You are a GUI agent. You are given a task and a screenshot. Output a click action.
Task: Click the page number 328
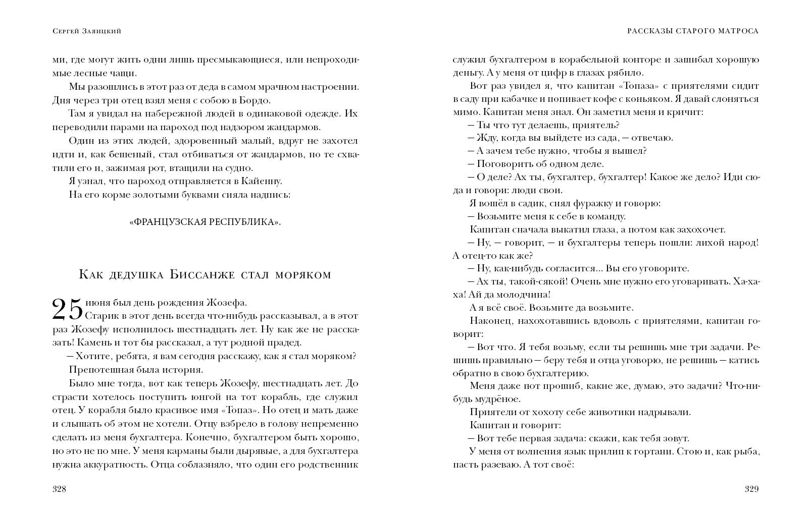point(60,489)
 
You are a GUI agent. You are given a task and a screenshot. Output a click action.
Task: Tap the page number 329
point(751,489)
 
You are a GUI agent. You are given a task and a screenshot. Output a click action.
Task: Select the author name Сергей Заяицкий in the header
point(86,31)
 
